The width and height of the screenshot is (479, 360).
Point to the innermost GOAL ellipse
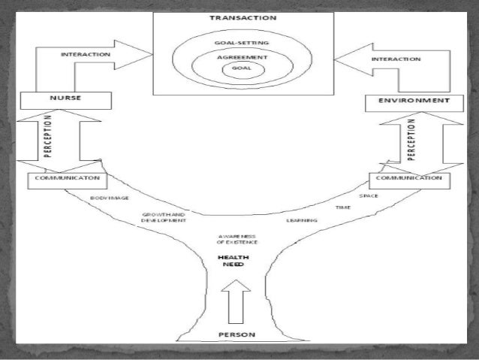coord(239,68)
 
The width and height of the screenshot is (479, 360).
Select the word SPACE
coord(368,195)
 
